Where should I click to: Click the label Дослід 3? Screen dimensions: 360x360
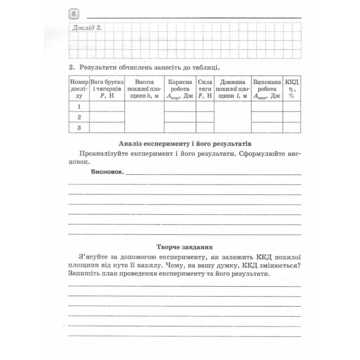pyautogui.click(x=82, y=28)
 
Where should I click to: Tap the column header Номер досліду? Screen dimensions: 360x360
pyautogui.click(x=78, y=89)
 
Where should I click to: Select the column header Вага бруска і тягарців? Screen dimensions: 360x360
pyautogui.click(x=107, y=89)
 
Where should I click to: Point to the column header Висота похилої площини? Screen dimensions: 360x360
pyautogui.click(x=144, y=89)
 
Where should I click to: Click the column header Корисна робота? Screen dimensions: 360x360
pyautogui.click(x=180, y=89)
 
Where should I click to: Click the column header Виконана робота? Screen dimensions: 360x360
pyautogui.click(x=267, y=89)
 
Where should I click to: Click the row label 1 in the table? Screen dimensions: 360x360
pyautogui.click(x=79, y=106)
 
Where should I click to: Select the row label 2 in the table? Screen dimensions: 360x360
pyautogui.click(x=79, y=117)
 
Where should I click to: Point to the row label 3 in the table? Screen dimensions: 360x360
pyautogui.click(x=79, y=128)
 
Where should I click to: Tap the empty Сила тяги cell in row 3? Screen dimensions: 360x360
pyautogui.click(x=205, y=128)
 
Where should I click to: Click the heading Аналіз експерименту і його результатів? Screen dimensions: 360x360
pyautogui.click(x=183, y=143)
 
